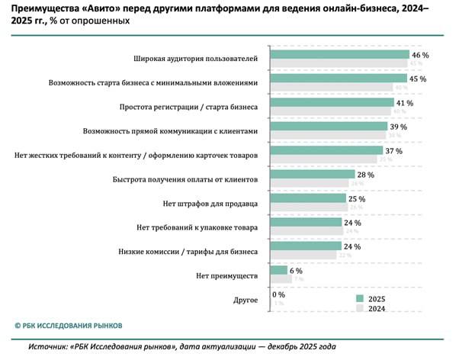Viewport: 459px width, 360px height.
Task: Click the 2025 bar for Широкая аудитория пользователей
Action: pos(340,55)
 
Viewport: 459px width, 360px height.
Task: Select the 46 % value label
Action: pos(421,55)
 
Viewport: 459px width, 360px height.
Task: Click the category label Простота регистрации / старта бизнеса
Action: pos(190,106)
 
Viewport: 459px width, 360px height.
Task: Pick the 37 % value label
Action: pos(394,151)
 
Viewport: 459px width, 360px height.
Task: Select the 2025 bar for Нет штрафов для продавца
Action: pos(309,198)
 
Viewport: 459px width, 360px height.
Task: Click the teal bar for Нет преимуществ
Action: pos(279,270)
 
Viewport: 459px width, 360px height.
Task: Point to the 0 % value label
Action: pos(279,294)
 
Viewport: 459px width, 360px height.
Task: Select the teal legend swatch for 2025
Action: pos(361,297)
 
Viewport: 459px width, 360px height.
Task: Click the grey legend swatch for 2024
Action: pos(361,309)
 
